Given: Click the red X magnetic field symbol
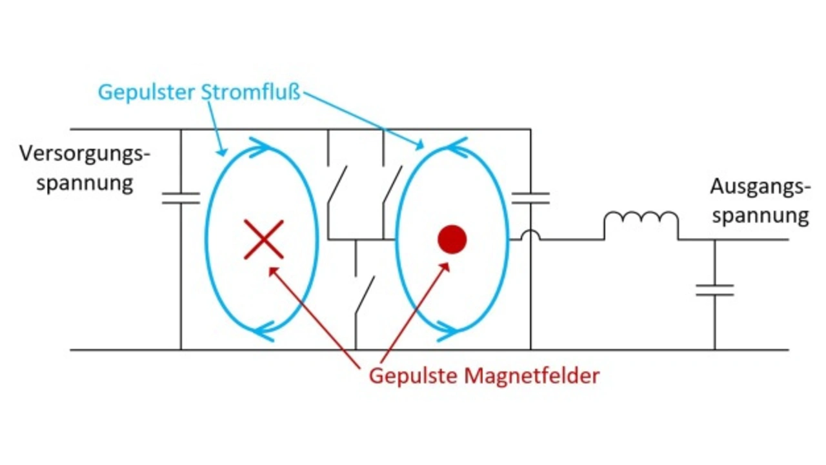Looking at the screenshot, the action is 264,239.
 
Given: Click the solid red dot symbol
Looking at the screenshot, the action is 452,239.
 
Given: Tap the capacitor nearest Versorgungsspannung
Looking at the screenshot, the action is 181,198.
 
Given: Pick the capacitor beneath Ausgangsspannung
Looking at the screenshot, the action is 714,290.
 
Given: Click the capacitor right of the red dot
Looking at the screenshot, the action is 530,198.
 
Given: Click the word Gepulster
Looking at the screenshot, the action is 146,92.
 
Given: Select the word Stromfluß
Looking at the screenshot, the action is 251,92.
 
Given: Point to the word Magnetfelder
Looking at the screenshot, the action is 532,376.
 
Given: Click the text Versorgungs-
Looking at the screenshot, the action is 85,153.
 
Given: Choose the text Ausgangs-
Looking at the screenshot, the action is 760,187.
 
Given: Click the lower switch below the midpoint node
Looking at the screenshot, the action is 365,295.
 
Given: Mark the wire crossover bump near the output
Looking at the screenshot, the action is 530,235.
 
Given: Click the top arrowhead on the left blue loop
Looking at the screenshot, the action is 261,148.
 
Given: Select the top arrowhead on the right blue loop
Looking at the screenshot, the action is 456,148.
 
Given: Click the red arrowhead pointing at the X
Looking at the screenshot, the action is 273,272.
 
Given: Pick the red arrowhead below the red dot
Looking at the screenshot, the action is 445,268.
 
